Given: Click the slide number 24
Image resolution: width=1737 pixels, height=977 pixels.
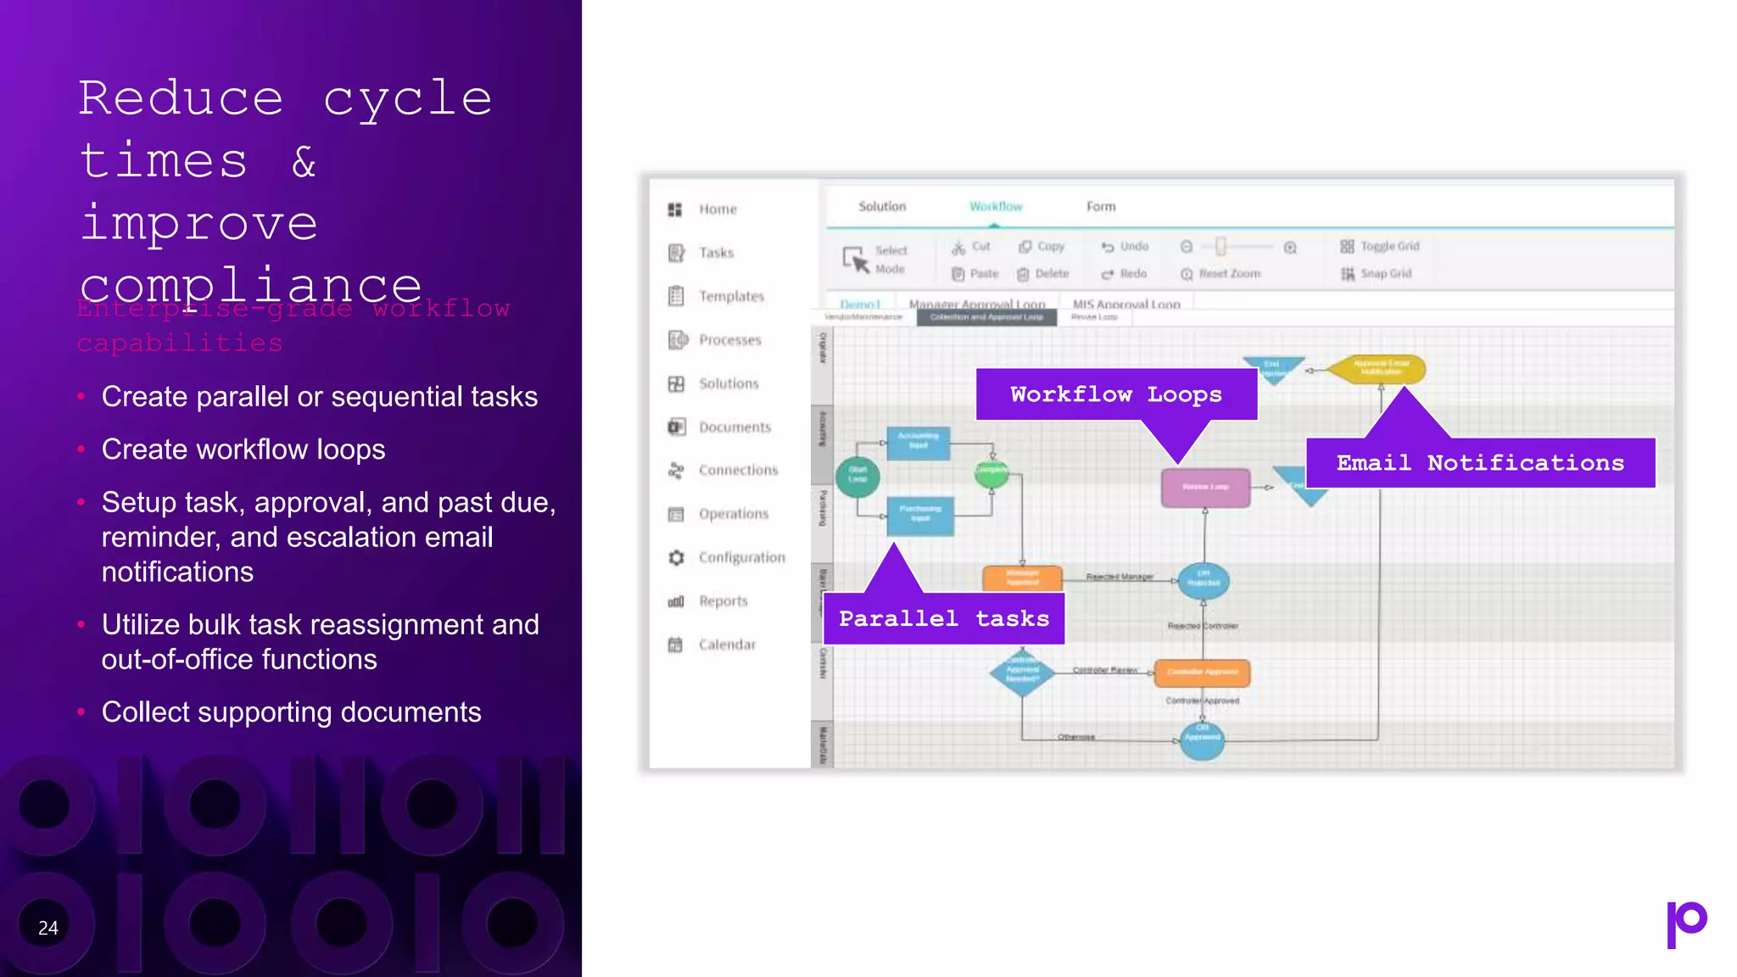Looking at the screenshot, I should (x=48, y=928).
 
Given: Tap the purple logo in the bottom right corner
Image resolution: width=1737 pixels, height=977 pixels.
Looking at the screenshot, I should (x=1686, y=924).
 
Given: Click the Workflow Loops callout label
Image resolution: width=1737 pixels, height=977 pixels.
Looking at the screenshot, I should (x=1115, y=394).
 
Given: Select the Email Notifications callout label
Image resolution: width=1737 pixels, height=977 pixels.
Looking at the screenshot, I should (x=1480, y=463).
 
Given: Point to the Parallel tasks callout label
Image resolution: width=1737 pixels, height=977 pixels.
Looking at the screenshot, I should (x=943, y=618).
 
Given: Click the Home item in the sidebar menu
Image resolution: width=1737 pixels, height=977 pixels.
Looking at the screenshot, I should (x=717, y=209).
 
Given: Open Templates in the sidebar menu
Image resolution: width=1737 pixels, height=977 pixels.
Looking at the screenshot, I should (x=730, y=296).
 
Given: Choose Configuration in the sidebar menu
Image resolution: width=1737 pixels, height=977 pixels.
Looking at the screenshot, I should (x=740, y=557).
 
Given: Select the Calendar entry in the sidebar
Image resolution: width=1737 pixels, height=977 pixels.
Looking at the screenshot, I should (x=726, y=645).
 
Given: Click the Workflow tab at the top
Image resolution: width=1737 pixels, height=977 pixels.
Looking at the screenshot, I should (x=996, y=206).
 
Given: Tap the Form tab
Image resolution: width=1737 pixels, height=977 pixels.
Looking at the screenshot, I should (x=1101, y=206).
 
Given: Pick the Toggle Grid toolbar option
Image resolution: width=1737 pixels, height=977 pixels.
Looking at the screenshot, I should (x=1380, y=247).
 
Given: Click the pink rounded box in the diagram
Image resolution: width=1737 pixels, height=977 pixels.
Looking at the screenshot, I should (x=1205, y=488).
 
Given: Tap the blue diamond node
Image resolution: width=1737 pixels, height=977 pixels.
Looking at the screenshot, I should (x=1022, y=673).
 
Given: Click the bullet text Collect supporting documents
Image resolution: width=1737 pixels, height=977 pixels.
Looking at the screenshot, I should (x=291, y=712).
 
